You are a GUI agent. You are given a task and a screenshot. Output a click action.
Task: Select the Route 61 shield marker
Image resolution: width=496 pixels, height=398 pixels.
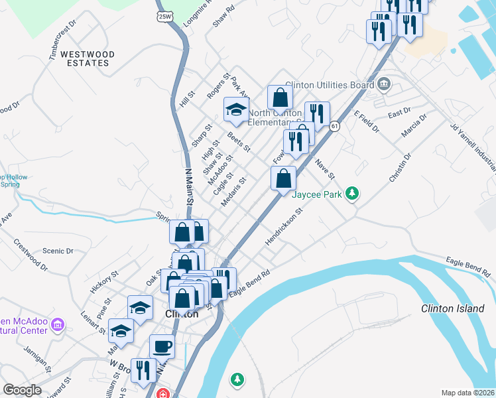click(335, 126)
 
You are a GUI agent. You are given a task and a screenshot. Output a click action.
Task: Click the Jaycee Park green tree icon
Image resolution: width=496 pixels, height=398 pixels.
click(353, 194)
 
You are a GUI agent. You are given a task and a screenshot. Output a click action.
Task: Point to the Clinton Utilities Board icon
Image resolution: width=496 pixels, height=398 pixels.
click(384, 85)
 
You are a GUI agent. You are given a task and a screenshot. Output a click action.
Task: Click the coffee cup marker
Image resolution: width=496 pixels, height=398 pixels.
click(162, 346)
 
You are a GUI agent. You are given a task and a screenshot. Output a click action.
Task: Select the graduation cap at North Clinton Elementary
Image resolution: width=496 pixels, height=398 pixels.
click(235, 109)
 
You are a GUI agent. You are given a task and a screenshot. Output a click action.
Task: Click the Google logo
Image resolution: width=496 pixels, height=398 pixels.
click(22, 391)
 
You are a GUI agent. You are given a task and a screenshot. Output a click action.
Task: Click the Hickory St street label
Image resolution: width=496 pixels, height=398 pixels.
click(104, 283)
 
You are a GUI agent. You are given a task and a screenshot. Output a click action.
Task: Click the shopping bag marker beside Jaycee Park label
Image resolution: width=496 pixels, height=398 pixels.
click(283, 178)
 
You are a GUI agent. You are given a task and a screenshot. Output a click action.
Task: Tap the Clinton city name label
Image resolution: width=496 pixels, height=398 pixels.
click(181, 314)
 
